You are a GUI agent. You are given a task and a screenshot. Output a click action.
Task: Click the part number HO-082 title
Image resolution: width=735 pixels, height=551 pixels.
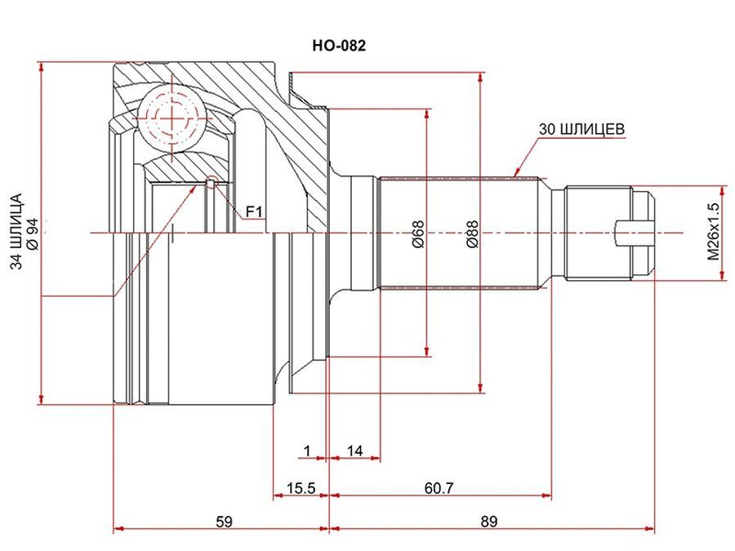pyautogui.click(x=339, y=46)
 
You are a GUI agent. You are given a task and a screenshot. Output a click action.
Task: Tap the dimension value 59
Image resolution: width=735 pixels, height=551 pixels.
pyautogui.click(x=224, y=521)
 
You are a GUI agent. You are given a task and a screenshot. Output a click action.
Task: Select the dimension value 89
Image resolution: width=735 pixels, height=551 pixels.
pyautogui.click(x=488, y=521)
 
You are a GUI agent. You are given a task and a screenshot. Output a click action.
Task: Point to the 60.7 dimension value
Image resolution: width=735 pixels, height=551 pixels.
pyautogui.click(x=439, y=488)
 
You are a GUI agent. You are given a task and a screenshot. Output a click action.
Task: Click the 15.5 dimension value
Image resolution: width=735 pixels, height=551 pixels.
pyautogui.click(x=301, y=488)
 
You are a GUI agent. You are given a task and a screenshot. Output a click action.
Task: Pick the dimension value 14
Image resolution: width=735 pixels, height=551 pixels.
pyautogui.click(x=354, y=451)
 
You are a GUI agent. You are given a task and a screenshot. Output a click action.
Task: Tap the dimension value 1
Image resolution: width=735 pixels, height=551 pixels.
pyautogui.click(x=307, y=451)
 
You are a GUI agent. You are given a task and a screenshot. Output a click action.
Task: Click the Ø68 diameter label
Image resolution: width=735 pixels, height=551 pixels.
pyautogui.click(x=417, y=233)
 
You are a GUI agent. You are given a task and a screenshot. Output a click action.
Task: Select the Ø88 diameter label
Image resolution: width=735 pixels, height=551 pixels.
pyautogui.click(x=472, y=233)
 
